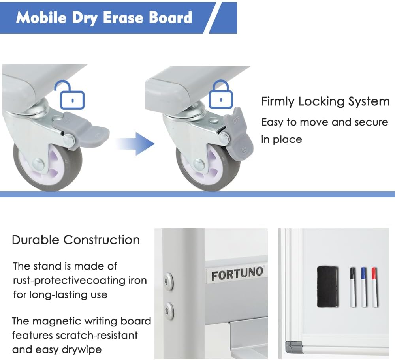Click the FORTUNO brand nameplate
(237, 274)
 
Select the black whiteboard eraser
(327, 286)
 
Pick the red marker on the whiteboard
(374, 287)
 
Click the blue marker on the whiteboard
(363, 287)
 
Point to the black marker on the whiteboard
(352, 287)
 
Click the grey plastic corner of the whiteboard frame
(293, 347)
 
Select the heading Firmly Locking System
(325, 102)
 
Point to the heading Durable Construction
(76, 240)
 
